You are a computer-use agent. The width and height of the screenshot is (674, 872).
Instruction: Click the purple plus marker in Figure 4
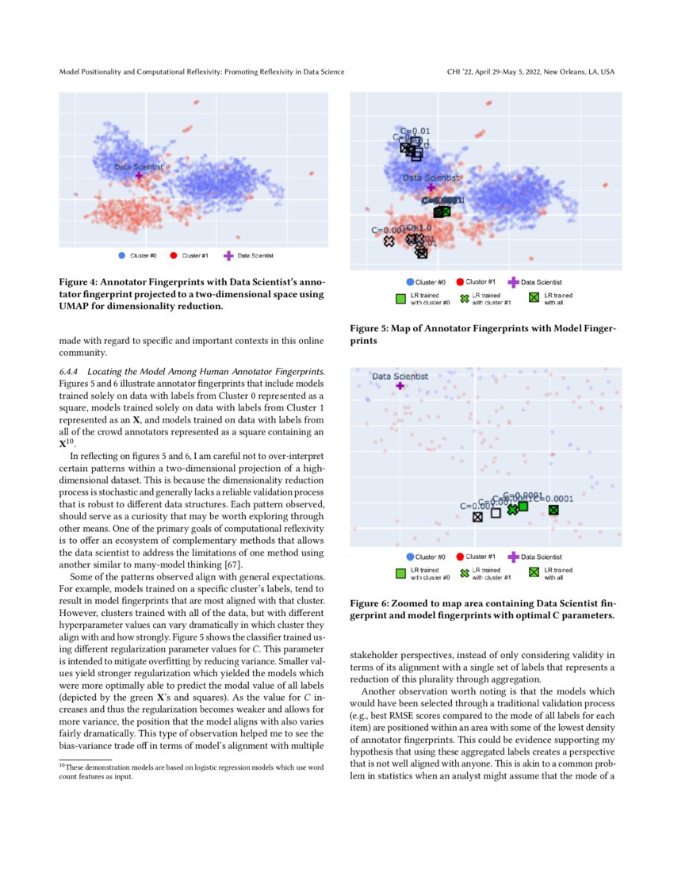click(x=139, y=175)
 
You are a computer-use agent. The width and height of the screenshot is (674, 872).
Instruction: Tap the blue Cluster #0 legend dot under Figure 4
click(x=121, y=255)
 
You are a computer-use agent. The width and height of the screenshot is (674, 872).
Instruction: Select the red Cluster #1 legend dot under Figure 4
click(x=173, y=255)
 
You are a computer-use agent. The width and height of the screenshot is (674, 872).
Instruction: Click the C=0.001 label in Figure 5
click(x=387, y=230)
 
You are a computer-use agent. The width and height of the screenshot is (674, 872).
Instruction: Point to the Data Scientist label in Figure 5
click(x=430, y=178)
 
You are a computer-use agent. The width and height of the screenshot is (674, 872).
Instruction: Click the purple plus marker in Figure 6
click(x=400, y=385)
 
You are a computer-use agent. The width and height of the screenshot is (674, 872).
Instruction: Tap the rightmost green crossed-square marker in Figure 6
click(x=553, y=510)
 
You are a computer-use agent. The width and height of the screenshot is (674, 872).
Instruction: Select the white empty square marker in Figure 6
click(x=496, y=513)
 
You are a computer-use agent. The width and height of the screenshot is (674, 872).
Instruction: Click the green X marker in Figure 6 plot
click(x=512, y=510)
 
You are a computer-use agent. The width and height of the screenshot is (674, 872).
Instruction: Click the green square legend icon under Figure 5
click(x=400, y=298)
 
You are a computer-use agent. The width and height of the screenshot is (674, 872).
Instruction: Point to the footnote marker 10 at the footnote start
click(x=62, y=765)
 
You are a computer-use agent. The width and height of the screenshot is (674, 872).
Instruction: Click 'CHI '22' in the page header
click(x=462, y=72)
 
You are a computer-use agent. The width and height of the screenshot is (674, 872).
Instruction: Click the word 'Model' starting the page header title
click(x=71, y=72)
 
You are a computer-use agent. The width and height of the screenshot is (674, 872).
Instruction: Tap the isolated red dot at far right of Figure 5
click(x=605, y=185)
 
